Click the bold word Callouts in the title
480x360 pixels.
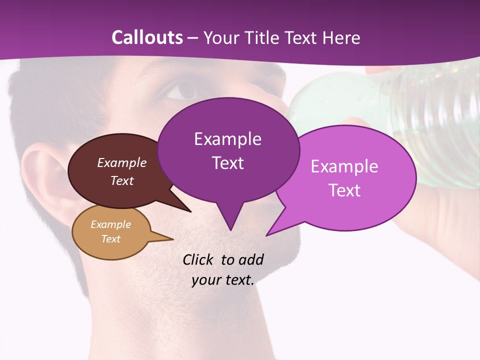[x=147, y=37]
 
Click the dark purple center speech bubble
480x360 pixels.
[x=228, y=150]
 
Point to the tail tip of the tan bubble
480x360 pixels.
[x=172, y=239]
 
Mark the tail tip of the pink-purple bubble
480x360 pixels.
[x=266, y=235]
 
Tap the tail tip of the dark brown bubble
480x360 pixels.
[x=190, y=211]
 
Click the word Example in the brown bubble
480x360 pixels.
[x=121, y=163]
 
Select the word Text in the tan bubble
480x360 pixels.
[x=110, y=239]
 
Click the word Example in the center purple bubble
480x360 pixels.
[x=227, y=139]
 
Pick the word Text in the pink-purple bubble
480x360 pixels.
[x=345, y=190]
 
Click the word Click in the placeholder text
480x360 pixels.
[x=198, y=260]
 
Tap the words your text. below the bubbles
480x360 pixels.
[x=223, y=280]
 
